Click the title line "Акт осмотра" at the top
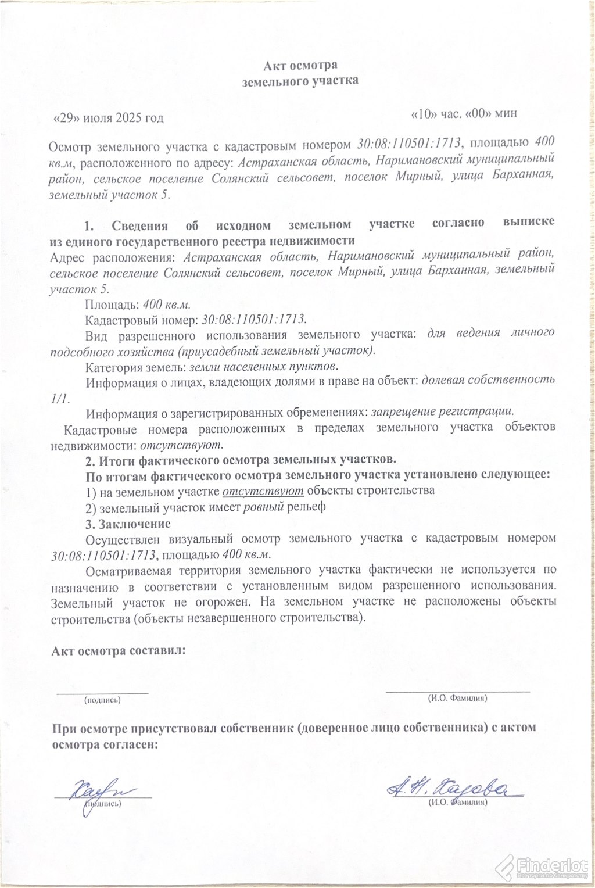point(300,65)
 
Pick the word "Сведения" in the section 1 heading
point(140,225)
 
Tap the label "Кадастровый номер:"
point(141,320)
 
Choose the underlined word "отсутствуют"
point(263,490)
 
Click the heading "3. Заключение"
point(128,524)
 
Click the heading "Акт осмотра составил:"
point(119,651)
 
